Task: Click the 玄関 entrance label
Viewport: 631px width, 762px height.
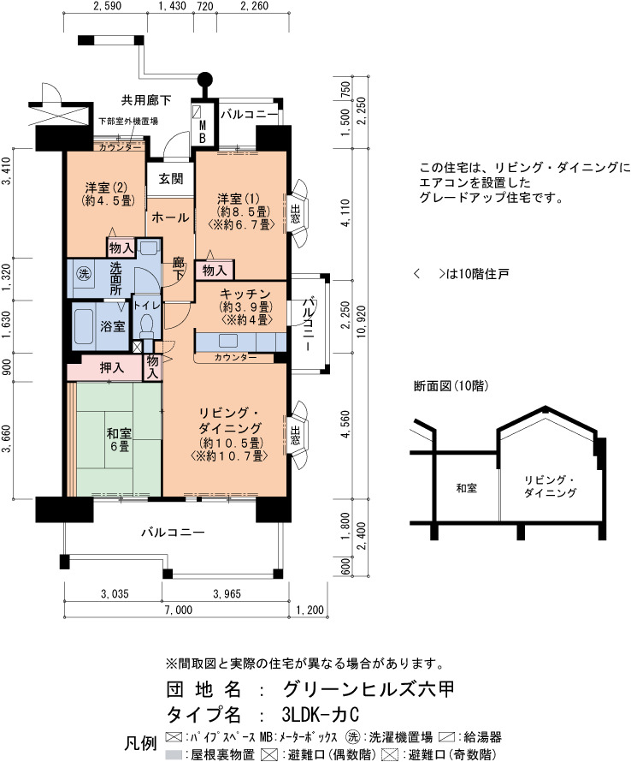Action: pos(171,179)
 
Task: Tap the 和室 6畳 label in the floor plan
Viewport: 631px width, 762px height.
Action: pos(119,439)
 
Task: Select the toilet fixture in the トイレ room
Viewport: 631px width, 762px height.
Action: pos(145,325)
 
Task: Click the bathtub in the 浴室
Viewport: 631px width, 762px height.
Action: pos(84,326)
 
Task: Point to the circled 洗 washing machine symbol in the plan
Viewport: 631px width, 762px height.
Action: pos(84,274)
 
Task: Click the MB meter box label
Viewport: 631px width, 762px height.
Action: pos(202,132)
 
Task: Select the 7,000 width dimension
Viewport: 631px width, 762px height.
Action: pos(179,610)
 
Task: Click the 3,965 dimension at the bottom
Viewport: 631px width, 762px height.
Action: pos(227,593)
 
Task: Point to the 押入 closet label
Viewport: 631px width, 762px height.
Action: pos(112,368)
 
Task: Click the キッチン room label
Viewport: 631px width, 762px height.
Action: pos(245,294)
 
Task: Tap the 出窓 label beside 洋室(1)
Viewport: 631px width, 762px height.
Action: pos(295,214)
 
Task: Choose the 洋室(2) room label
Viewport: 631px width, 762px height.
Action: pos(106,188)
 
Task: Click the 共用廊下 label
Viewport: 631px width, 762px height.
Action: pos(146,100)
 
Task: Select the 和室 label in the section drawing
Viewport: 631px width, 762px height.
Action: pos(466,488)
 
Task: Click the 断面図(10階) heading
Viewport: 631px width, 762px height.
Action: pos(451,386)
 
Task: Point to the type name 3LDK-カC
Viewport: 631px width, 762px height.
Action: pos(321,714)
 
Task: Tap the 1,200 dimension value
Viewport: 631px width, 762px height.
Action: pos(310,610)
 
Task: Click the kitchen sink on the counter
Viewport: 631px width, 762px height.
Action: pos(228,341)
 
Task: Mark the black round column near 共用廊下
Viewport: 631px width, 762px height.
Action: pos(205,78)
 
